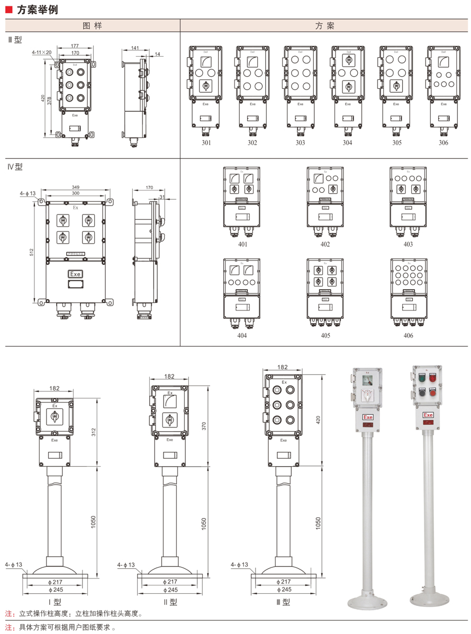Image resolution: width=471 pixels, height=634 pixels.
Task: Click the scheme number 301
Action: [x=206, y=142]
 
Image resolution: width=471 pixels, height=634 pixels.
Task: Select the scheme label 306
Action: [x=443, y=142]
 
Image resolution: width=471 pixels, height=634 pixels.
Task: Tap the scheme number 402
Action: [x=325, y=244]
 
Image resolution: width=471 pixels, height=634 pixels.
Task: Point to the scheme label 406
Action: [x=407, y=335]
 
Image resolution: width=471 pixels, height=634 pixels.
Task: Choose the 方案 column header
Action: [x=325, y=25]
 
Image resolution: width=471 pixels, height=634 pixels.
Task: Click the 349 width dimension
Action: [x=76, y=187]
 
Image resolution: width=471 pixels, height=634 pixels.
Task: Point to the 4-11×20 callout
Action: [x=42, y=52]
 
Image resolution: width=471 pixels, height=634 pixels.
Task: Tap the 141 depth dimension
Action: [x=134, y=48]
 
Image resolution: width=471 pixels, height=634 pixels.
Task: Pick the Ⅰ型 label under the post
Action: [x=55, y=602]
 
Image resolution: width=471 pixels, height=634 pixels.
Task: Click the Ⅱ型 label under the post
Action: [x=170, y=602]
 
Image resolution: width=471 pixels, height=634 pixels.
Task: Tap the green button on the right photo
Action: [x=422, y=379]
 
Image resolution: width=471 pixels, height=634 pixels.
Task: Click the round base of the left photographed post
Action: [x=367, y=602]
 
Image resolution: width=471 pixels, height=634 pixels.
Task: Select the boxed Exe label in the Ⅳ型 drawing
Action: [x=76, y=274]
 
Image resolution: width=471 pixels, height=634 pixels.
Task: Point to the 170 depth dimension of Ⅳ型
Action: [x=149, y=187]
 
